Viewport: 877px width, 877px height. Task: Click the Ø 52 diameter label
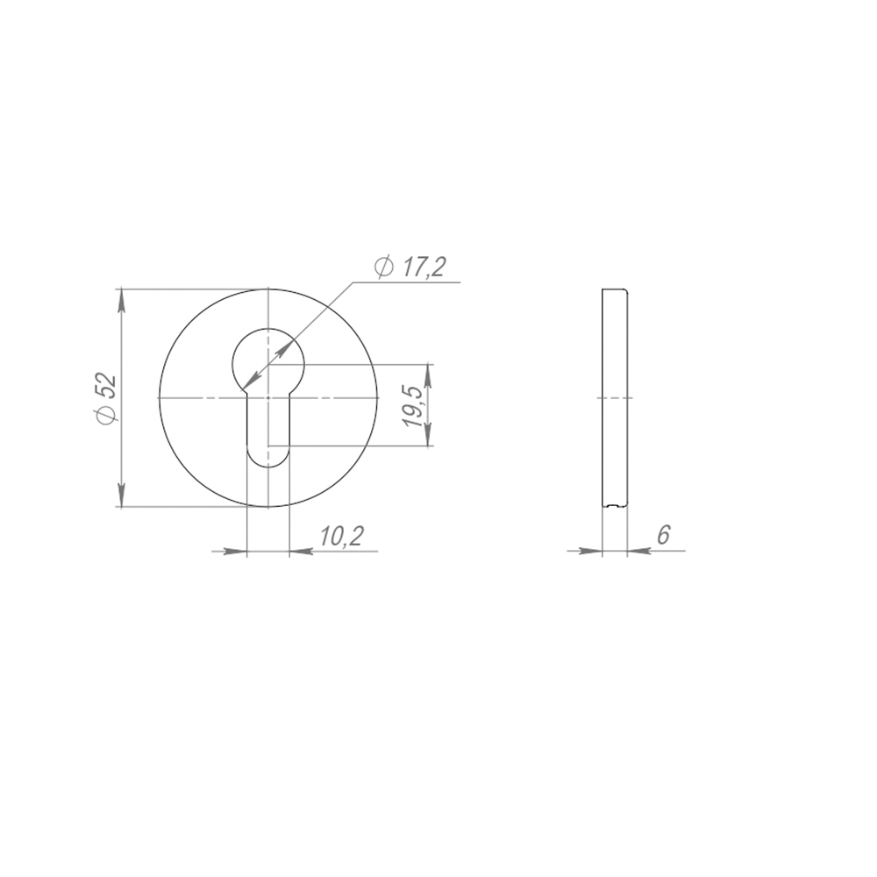tap(106, 397)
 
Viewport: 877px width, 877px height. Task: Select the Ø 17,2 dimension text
tap(410, 267)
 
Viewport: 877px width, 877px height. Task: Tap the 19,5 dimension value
tap(415, 405)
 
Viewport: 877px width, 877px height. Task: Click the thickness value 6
tap(663, 535)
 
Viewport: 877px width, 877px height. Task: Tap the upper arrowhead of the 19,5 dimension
tap(429, 376)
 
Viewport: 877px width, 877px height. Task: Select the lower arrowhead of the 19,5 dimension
tap(429, 434)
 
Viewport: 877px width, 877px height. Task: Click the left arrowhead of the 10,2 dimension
tap(235, 551)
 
